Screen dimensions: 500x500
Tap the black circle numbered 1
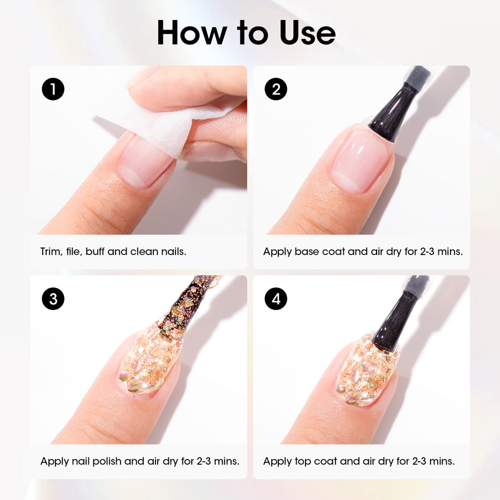[53, 89]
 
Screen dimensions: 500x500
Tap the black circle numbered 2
[276, 89]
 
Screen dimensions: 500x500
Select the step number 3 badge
[53, 299]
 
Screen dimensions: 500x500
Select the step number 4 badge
[276, 299]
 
